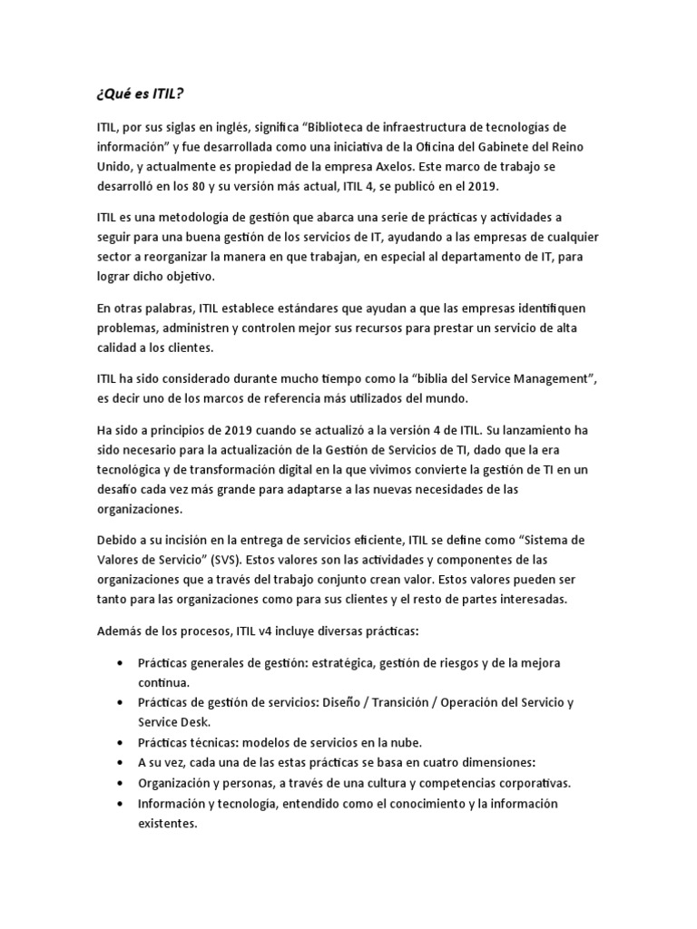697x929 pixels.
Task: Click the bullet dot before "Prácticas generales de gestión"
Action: (120, 663)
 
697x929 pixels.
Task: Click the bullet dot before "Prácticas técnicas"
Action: (120, 742)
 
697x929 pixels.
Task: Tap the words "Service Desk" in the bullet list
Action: (173, 722)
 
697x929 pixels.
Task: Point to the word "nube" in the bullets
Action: (405, 742)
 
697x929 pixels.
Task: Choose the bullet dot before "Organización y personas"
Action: (120, 782)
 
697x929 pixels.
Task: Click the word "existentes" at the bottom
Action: (167, 824)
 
